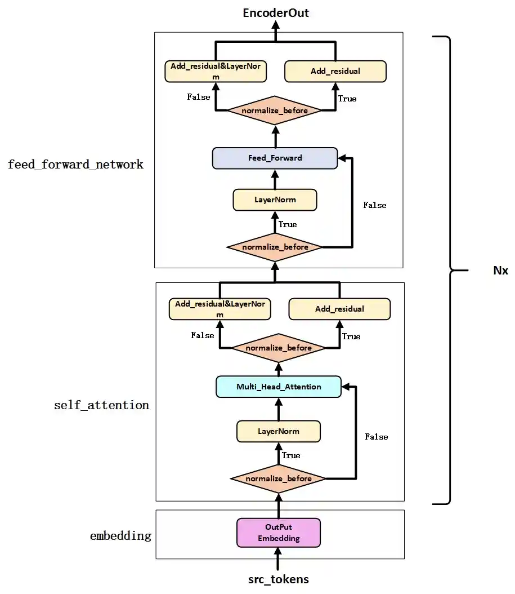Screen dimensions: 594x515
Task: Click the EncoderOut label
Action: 276,12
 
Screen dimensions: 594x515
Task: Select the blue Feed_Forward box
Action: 275,158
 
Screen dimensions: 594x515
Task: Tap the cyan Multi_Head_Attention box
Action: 279,387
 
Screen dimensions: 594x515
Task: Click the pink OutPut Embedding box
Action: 279,533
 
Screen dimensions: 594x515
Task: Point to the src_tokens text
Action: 279,579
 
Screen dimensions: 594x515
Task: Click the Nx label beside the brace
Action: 500,271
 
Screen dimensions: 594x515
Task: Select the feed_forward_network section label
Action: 75,165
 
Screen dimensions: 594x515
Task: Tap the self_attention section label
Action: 101,405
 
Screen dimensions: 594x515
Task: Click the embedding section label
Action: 120,535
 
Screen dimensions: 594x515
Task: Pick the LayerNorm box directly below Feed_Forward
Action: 275,200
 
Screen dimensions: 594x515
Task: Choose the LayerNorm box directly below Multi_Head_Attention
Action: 279,431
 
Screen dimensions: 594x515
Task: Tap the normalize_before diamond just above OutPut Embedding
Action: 279,478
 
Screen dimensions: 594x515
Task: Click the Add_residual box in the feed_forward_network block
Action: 335,72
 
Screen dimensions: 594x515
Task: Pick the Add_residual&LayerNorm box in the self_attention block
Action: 220,308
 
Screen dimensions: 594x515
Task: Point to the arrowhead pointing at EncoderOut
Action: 276,26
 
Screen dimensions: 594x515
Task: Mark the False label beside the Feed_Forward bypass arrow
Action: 375,205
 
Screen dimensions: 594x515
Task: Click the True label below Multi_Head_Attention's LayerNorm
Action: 290,455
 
